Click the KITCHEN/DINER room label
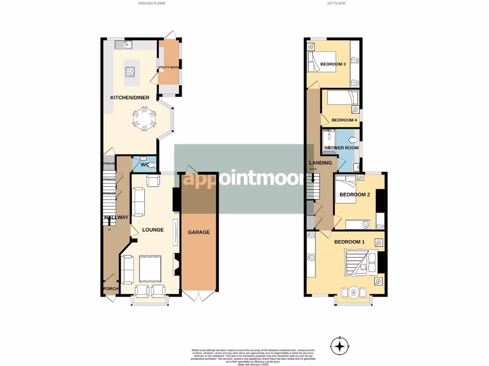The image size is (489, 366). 130,98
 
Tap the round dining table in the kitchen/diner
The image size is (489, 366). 144,119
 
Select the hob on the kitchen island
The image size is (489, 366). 130,72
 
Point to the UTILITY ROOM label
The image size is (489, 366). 169,68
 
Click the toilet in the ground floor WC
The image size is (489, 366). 150,165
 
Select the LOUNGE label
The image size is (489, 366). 153,230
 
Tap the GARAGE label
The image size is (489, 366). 199,232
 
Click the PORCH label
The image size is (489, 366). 110,288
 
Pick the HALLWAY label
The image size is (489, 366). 116,218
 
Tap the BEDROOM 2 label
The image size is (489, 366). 355,194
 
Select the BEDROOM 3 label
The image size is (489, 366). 333,64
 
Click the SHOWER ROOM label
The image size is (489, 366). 341,148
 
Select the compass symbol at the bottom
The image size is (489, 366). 340,345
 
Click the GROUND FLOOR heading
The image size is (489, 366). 152,3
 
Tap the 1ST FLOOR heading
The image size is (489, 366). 336,3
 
